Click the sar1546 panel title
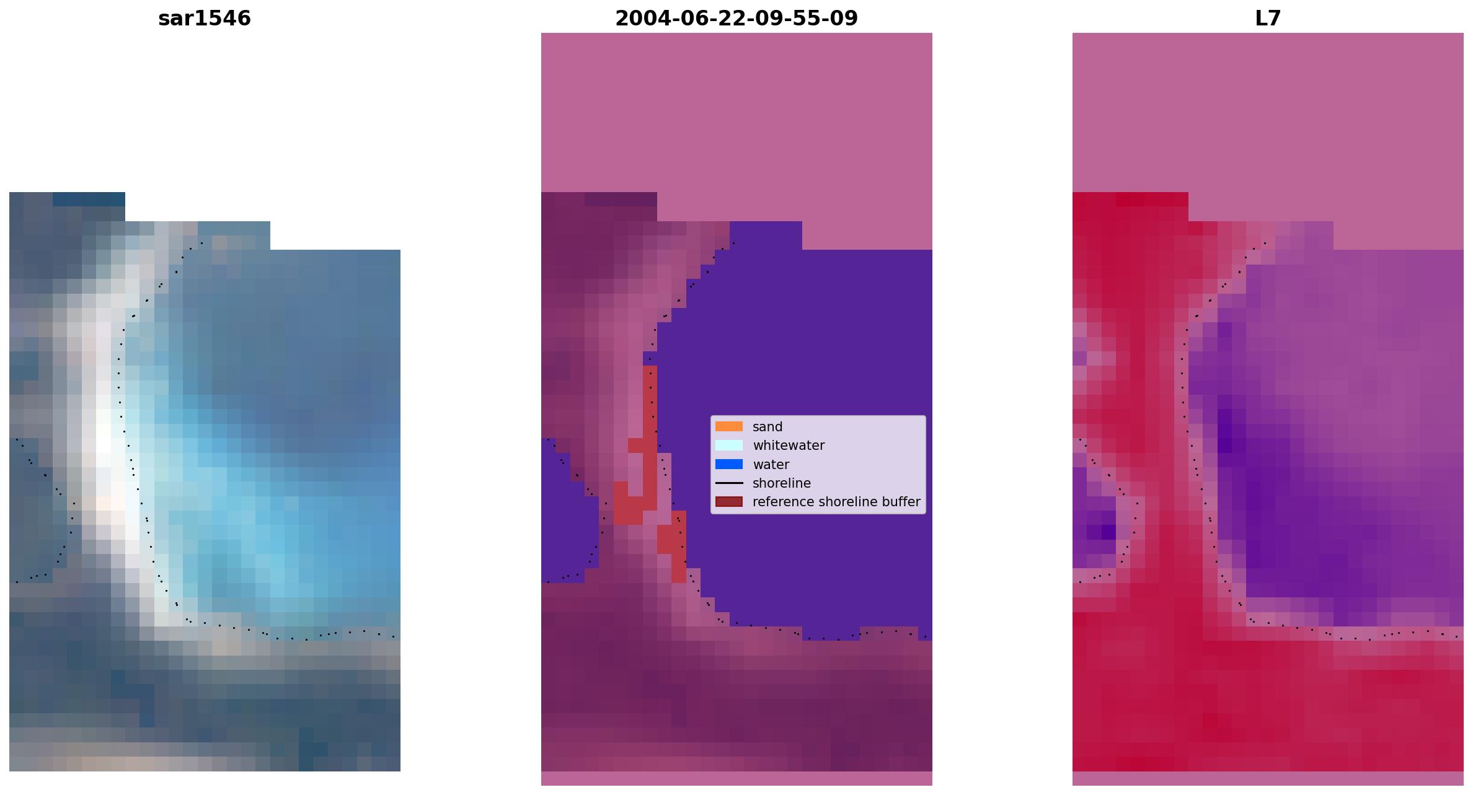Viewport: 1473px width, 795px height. tap(205, 19)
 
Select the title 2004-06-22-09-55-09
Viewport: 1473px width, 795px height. tap(736, 19)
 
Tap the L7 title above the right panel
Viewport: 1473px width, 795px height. tap(1268, 19)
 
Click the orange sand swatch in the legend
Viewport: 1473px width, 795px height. tap(729, 426)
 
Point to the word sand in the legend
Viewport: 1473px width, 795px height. tap(767, 427)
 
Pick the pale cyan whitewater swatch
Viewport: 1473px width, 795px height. tap(729, 445)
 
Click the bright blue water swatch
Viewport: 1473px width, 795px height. tap(729, 464)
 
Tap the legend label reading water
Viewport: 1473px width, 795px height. tap(771, 465)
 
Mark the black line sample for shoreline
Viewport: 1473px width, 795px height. tap(729, 483)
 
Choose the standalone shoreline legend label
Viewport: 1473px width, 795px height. tap(782, 483)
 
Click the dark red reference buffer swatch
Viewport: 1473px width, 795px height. tap(729, 501)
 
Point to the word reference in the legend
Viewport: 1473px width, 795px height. tap(779, 502)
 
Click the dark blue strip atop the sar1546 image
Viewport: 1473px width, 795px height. tap(89, 199)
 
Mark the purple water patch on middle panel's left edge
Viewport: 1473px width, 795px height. tap(567, 514)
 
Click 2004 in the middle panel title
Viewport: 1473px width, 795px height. tap(639, 19)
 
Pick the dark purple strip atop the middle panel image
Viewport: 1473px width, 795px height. tap(621, 199)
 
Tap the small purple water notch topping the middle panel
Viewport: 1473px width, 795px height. tap(766, 235)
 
